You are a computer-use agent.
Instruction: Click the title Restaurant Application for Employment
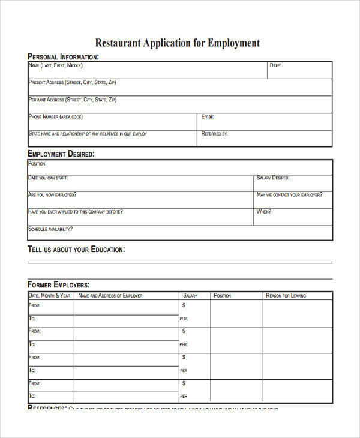(x=178, y=43)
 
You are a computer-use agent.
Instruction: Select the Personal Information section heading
(x=63, y=57)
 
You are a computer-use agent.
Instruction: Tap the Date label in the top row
(x=275, y=65)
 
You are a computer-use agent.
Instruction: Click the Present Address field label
(x=73, y=82)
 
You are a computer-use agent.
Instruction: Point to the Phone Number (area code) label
(x=56, y=117)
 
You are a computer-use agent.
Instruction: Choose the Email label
(x=208, y=117)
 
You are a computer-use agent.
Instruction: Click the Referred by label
(x=215, y=134)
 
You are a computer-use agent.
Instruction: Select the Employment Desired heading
(x=61, y=154)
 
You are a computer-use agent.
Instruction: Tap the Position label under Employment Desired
(x=38, y=163)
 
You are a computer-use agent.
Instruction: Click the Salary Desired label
(x=273, y=178)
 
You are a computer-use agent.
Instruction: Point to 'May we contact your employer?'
(x=289, y=195)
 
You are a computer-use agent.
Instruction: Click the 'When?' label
(x=264, y=212)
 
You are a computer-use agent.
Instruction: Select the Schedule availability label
(x=50, y=229)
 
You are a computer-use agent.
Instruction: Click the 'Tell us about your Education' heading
(x=76, y=249)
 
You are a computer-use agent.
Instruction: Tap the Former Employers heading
(x=59, y=284)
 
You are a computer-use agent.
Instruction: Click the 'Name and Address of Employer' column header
(x=110, y=296)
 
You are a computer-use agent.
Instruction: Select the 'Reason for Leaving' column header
(x=286, y=296)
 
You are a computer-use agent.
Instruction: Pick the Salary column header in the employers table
(x=190, y=296)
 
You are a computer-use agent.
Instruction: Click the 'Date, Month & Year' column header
(x=50, y=296)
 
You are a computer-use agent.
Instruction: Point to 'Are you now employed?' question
(x=52, y=195)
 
